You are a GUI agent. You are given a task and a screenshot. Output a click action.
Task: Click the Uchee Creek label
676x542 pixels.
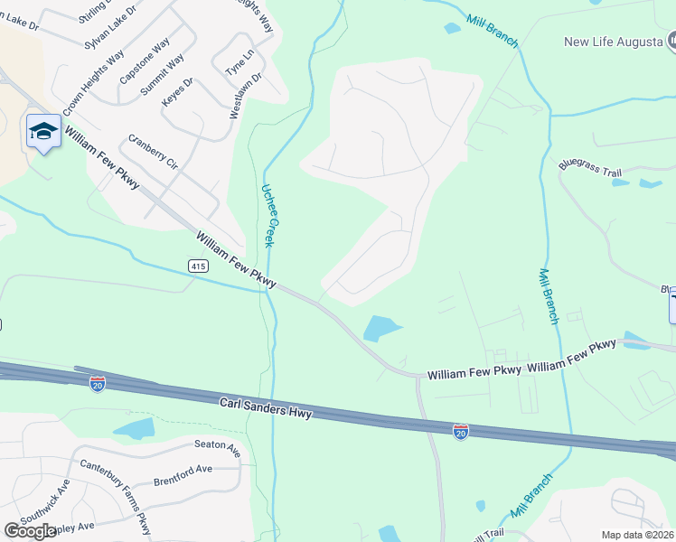pyautogui.click(x=268, y=216)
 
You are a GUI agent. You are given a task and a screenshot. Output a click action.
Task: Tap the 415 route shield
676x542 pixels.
pyautogui.click(x=199, y=266)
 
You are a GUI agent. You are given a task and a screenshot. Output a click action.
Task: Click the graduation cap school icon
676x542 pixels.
pyautogui.click(x=43, y=132)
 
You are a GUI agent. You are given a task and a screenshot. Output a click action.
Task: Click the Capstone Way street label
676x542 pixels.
pyautogui.click(x=145, y=61)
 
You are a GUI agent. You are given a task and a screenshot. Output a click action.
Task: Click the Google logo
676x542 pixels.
pyautogui.click(x=30, y=531)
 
